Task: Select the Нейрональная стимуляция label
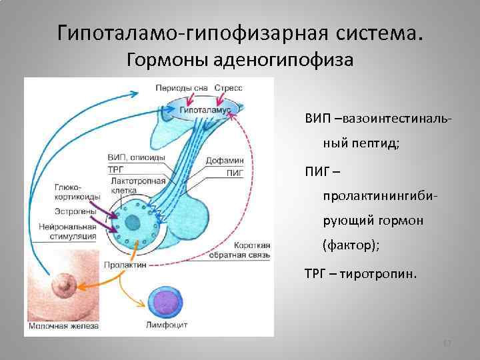click(67, 230)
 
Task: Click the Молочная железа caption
click(63, 326)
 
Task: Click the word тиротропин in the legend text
click(385, 272)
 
